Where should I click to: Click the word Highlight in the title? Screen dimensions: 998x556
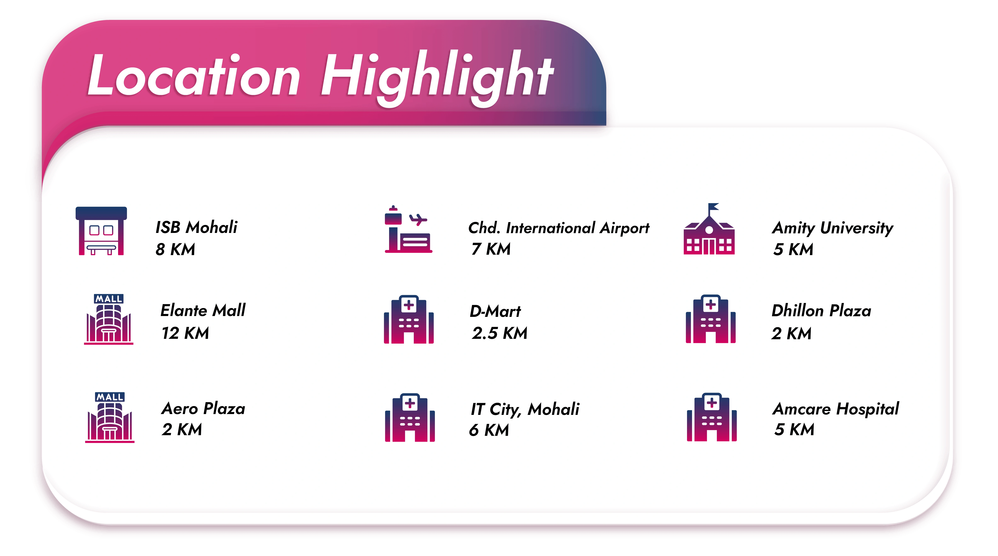437,78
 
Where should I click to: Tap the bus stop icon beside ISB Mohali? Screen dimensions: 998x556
101,231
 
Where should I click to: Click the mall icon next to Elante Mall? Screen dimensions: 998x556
109,319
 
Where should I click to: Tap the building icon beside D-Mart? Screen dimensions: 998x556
409,319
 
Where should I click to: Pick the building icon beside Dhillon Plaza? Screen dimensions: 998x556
710,319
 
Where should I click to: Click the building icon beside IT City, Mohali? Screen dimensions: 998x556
410,418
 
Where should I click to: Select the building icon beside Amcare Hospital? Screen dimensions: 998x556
712,417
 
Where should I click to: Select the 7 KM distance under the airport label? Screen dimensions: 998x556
491,249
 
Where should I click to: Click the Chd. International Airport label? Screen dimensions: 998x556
559,228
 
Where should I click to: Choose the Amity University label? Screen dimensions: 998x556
833,228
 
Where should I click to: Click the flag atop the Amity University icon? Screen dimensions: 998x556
713,207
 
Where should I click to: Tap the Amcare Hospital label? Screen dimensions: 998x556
836,409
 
